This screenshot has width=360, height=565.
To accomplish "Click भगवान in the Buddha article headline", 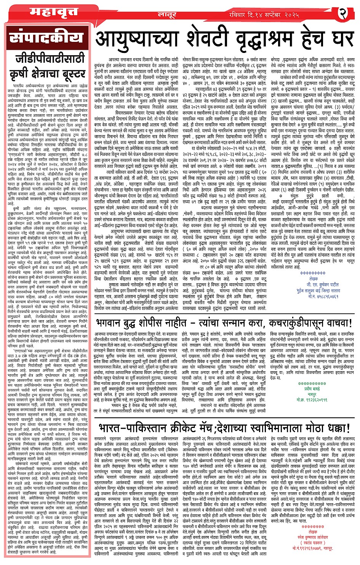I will [110, 324].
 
